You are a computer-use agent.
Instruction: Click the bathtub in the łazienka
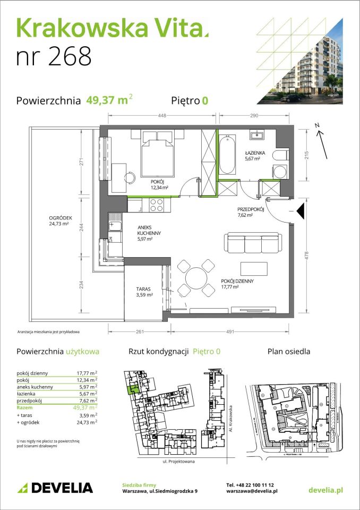click(227, 155)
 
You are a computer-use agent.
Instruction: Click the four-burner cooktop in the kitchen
click(157, 204)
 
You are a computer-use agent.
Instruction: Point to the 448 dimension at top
click(161, 115)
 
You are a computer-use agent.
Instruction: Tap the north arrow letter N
click(317, 125)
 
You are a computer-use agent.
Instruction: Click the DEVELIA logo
click(55, 488)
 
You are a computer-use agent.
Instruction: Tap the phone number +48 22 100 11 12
click(250, 485)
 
